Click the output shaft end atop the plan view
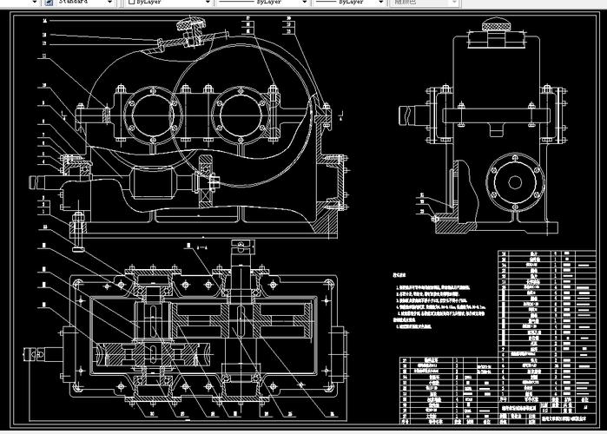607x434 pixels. pos(241,256)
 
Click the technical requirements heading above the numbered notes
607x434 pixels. pos(401,273)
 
